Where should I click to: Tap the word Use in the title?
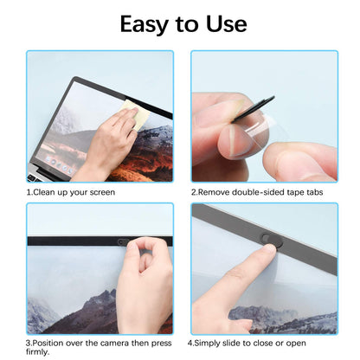coord(224,23)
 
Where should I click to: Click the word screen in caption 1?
coord(98,191)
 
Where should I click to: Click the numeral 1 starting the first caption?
coord(29,191)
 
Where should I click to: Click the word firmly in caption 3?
coord(41,353)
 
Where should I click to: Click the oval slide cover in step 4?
coord(272,244)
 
